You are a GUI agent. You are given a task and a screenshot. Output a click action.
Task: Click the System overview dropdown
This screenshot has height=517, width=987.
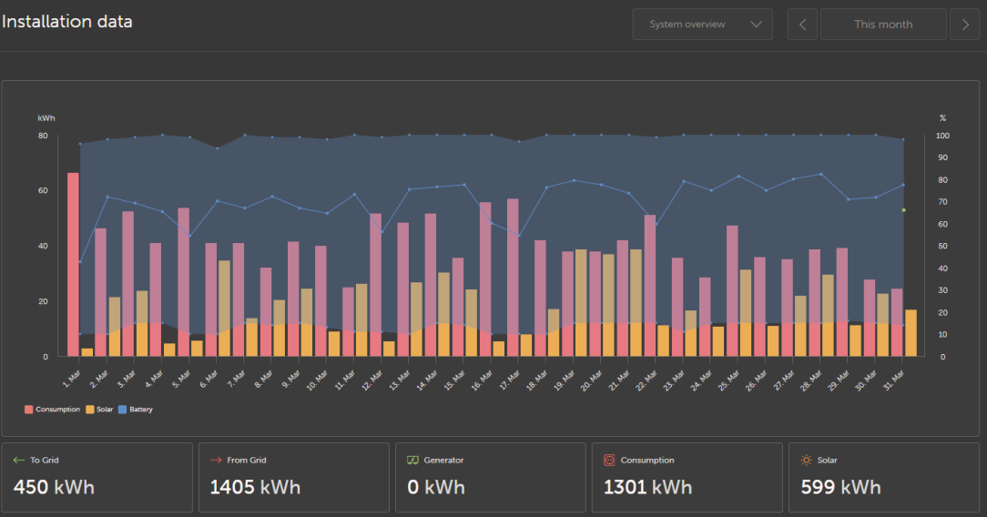pos(702,25)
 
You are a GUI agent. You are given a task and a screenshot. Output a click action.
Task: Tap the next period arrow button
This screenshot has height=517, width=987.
pos(964,25)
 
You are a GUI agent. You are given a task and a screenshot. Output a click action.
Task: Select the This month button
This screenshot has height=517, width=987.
pos(882,25)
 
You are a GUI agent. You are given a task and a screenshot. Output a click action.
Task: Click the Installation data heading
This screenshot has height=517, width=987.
pos(67,22)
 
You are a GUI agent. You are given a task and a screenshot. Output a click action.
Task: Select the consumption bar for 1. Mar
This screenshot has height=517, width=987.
pos(73,264)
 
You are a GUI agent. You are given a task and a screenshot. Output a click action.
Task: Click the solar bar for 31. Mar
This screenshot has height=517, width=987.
pos(911,333)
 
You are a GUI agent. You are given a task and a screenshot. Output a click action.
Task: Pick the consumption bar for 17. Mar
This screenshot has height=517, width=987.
pos(513,273)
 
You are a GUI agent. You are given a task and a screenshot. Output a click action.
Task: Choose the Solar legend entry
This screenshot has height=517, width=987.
pos(100,410)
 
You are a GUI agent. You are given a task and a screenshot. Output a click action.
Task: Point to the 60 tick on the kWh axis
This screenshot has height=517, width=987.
pos(43,191)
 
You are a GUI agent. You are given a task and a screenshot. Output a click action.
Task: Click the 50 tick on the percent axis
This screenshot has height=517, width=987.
pos(943,246)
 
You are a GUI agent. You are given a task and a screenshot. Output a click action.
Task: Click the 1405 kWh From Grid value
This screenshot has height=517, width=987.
pos(255,487)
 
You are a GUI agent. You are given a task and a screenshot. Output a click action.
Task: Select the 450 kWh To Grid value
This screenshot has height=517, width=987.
pos(54,487)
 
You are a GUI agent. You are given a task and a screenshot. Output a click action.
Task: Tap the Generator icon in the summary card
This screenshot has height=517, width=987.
pos(412,461)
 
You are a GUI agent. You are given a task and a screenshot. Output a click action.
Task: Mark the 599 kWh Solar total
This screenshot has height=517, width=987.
pos(840,487)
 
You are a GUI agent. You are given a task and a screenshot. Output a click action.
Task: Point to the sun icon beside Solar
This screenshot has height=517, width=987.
pos(806,461)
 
